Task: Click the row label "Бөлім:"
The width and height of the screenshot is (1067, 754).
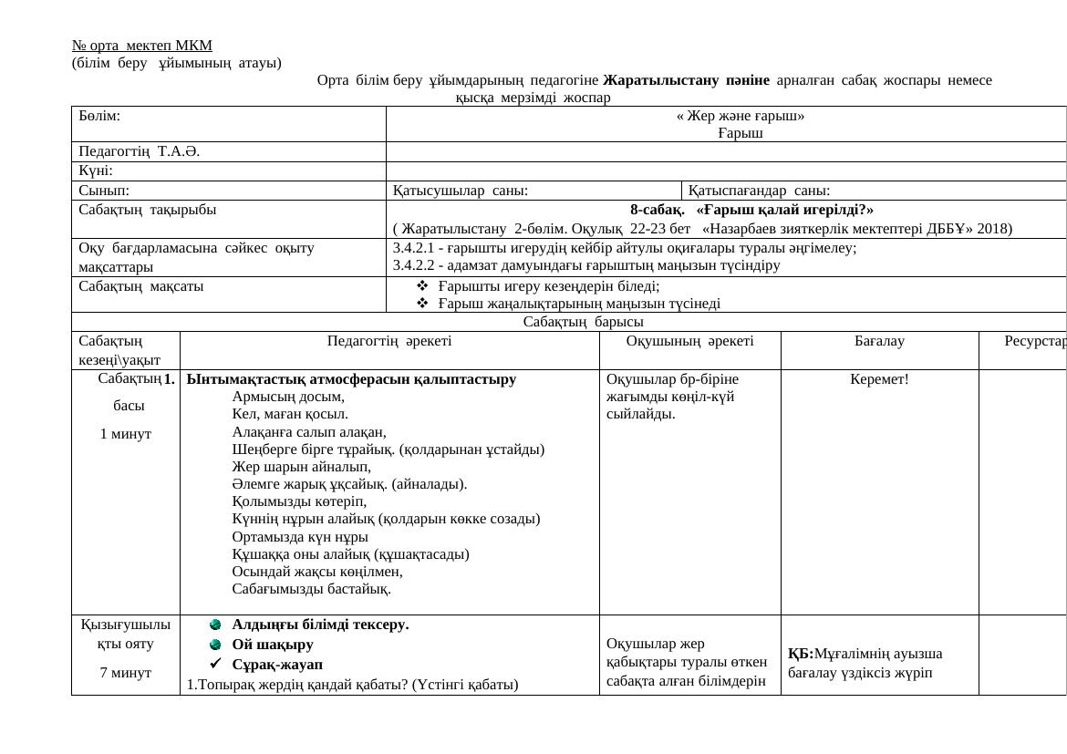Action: pos(99,116)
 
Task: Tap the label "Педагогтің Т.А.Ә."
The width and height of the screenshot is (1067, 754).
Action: pos(140,151)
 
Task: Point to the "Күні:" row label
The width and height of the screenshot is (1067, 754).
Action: pos(96,170)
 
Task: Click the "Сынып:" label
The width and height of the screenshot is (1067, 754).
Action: pos(104,191)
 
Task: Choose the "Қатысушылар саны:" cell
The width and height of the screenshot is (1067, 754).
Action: pos(461,191)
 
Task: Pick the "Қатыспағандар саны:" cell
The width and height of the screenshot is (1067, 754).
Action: pos(759,191)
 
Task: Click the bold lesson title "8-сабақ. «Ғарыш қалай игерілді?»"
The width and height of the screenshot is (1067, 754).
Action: pos(751,210)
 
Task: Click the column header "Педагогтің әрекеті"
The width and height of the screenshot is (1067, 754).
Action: pos(389,341)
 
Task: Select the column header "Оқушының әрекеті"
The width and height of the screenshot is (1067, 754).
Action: pos(689,341)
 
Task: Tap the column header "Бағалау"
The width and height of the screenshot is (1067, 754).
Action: pos(879,341)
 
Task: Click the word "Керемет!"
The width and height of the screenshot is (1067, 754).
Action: pos(879,378)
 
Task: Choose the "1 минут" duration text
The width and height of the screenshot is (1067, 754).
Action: pos(126,434)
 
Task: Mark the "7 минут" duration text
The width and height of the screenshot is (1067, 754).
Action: pos(126,673)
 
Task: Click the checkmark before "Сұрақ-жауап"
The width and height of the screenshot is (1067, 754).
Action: pos(215,664)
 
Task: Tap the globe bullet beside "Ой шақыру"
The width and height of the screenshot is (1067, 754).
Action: pos(215,645)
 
